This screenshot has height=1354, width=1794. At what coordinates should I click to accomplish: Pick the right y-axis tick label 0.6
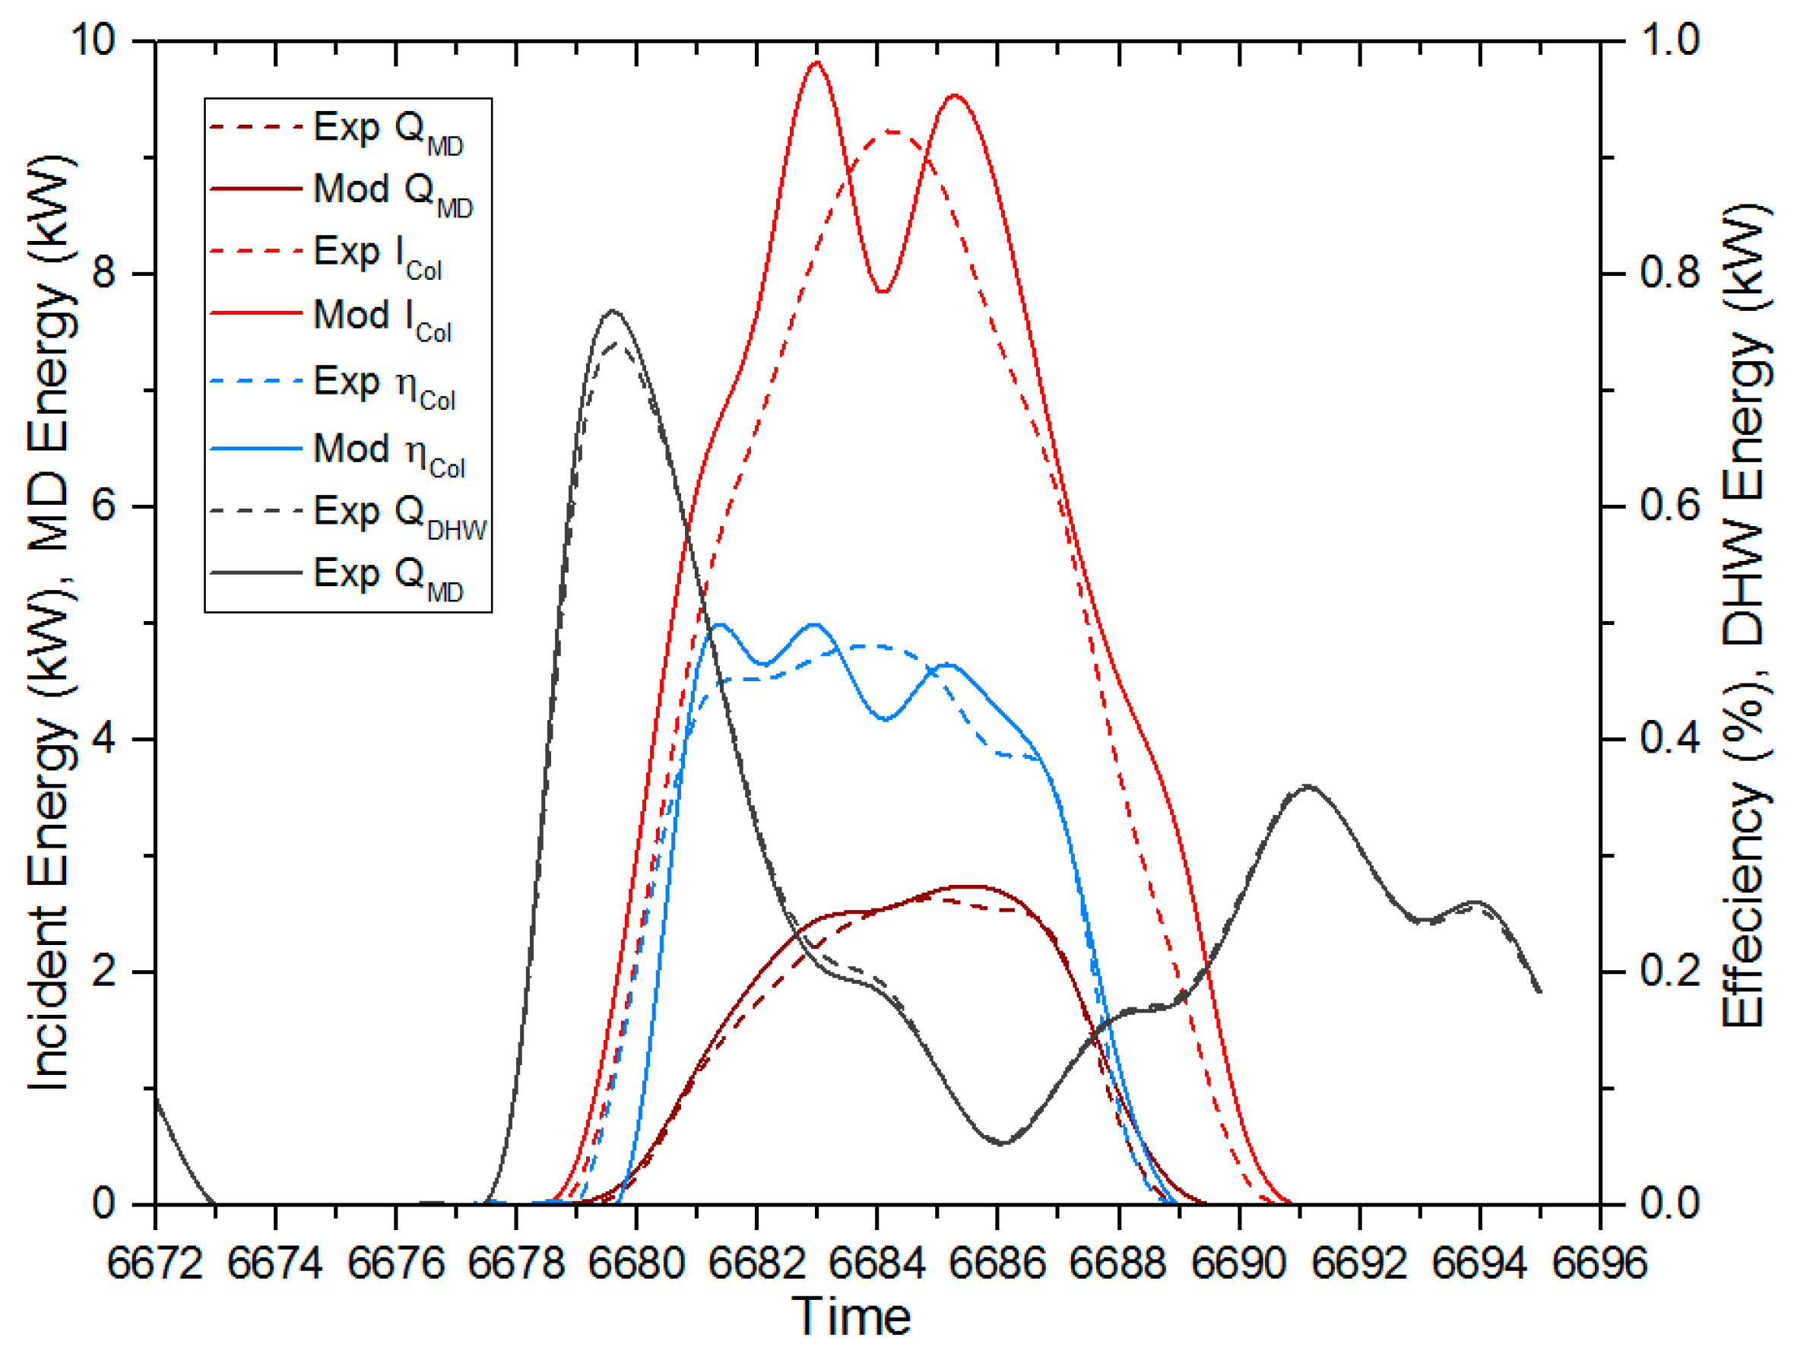(1671, 506)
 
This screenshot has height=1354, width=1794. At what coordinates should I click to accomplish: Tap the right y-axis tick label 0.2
(1671, 970)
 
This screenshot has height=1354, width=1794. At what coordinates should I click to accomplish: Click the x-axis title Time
(851, 1316)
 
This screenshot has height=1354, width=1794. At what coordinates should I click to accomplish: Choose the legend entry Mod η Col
(389, 451)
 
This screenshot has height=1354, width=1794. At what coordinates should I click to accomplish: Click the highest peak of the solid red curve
(816, 62)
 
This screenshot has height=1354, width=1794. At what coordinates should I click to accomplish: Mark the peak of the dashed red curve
(890, 131)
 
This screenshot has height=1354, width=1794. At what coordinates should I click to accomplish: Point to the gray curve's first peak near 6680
(613, 311)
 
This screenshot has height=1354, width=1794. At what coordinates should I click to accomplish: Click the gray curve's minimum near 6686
(1003, 1143)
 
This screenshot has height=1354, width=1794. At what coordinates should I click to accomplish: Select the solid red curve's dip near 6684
(883, 291)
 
